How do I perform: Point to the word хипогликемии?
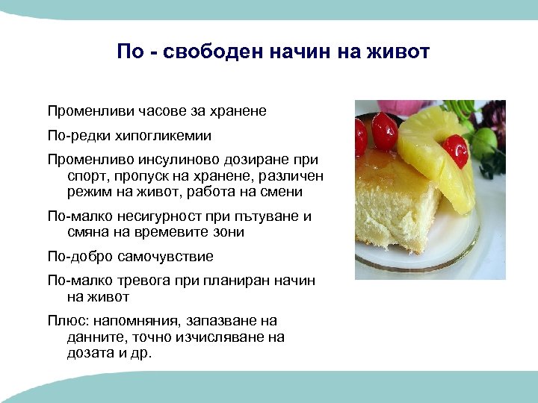162,136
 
